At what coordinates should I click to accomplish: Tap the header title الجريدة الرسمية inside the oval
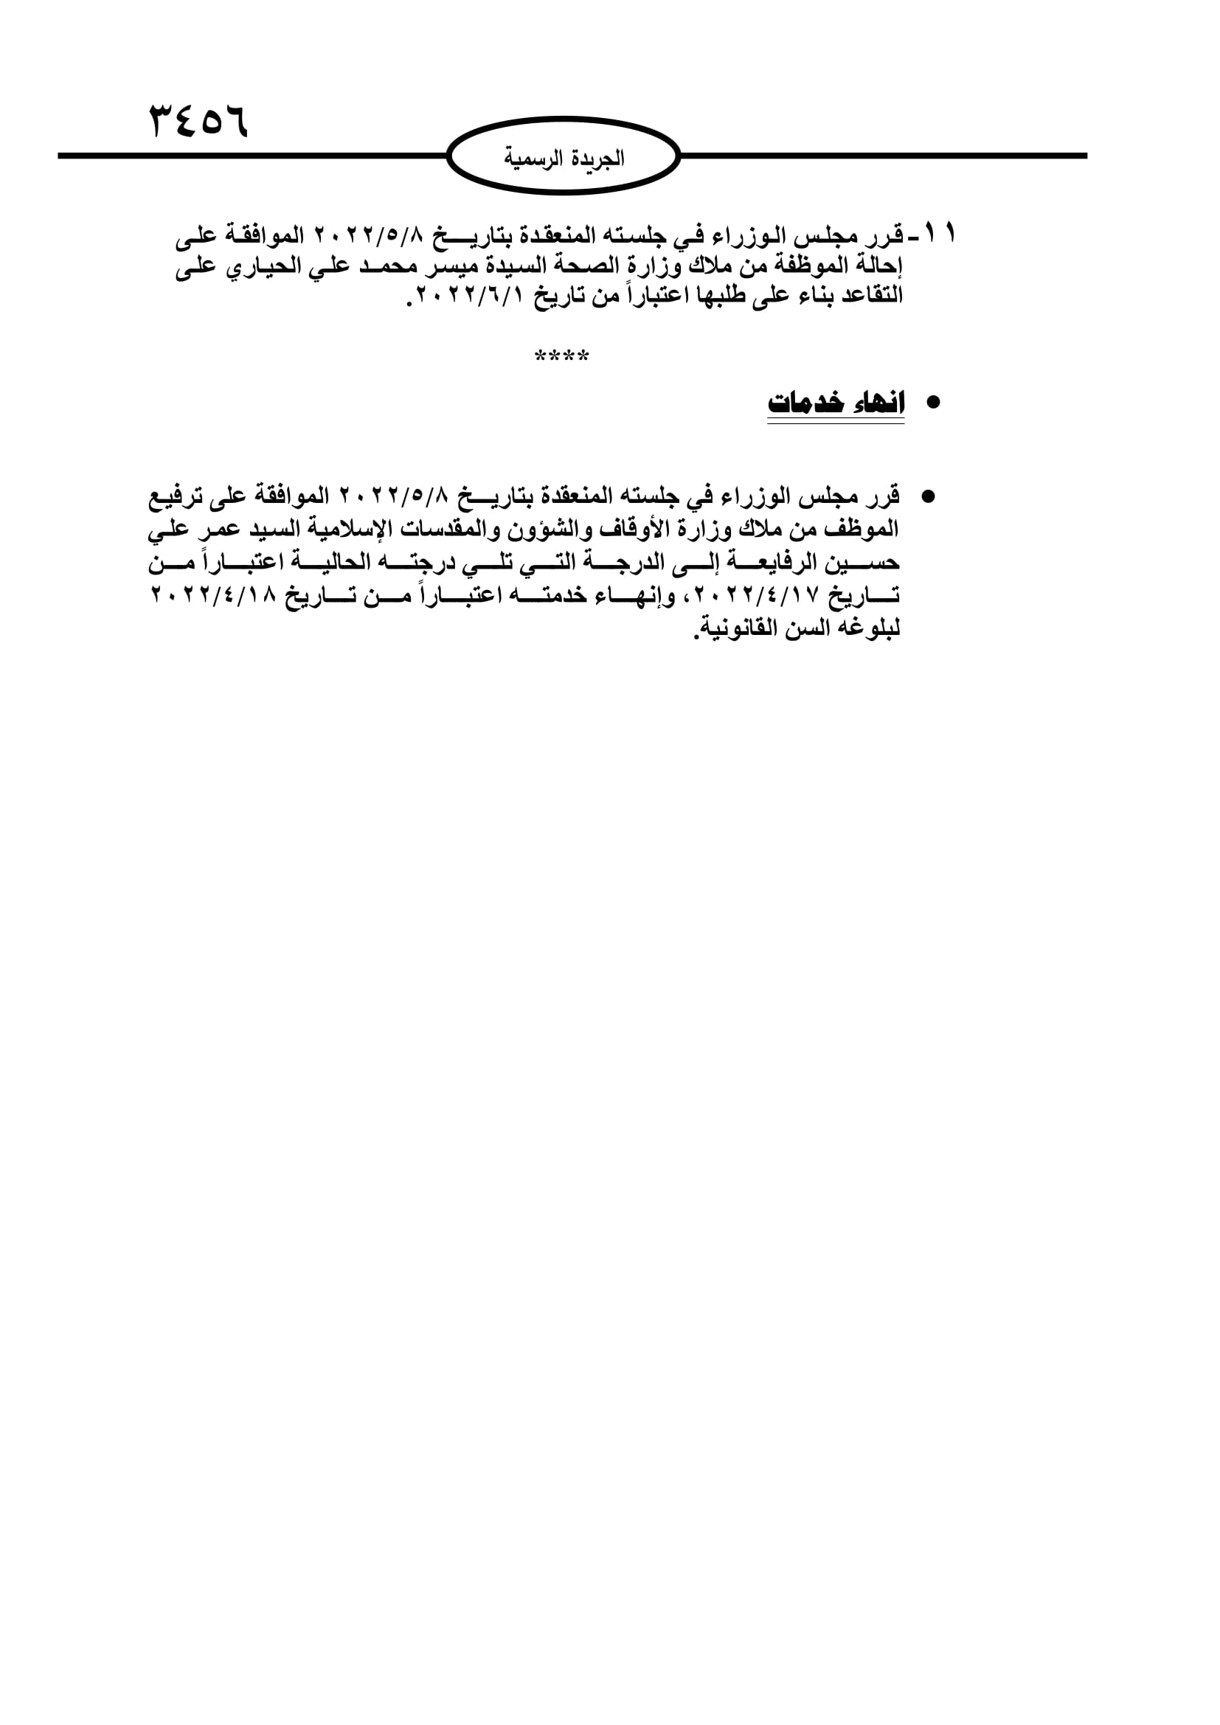[564, 158]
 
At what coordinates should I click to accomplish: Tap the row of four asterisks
[562, 355]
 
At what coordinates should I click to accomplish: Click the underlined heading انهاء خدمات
[836, 403]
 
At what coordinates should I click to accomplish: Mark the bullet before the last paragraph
[928, 496]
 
